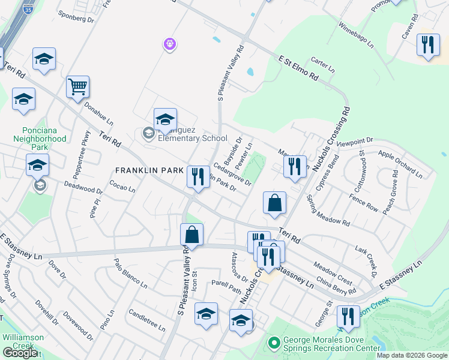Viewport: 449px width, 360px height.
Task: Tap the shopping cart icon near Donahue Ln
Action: (x=78, y=88)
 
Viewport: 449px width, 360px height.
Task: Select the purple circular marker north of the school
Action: (x=170, y=43)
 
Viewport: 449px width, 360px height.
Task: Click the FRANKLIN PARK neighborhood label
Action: (x=149, y=170)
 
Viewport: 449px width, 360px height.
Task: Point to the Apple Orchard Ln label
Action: (x=400, y=163)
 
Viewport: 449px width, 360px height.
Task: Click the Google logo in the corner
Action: (x=19, y=353)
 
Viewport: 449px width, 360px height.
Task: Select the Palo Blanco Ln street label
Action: (x=130, y=272)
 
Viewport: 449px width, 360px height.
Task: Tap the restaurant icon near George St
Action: (x=348, y=316)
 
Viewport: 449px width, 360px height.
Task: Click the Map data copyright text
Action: (x=411, y=355)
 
